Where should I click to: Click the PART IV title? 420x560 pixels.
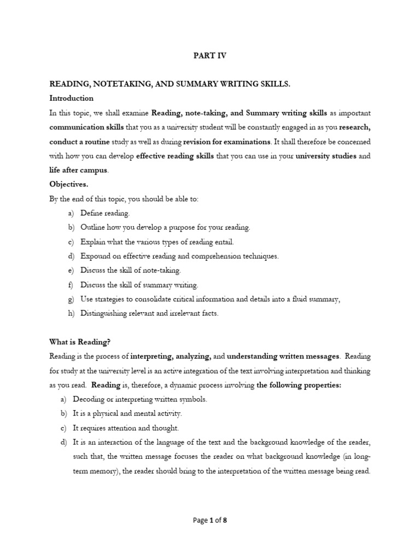[x=210, y=55]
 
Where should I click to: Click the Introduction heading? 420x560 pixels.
[x=72, y=98]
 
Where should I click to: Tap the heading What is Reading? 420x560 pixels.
[x=80, y=342]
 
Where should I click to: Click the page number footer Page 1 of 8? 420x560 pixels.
[x=210, y=520]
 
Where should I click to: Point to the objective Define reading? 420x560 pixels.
[x=105, y=213]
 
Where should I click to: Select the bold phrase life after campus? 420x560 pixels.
[x=79, y=170]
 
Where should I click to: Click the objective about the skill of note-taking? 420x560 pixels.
[x=130, y=270]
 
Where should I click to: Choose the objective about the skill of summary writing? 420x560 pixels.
[x=139, y=285]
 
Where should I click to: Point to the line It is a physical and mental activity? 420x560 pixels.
[x=131, y=413]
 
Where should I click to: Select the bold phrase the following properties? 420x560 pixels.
[x=299, y=385]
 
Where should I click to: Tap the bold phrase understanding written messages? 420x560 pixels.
[x=283, y=356]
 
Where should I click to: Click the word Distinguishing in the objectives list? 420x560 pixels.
[x=106, y=313]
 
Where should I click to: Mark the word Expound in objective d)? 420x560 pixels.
[x=94, y=256]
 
